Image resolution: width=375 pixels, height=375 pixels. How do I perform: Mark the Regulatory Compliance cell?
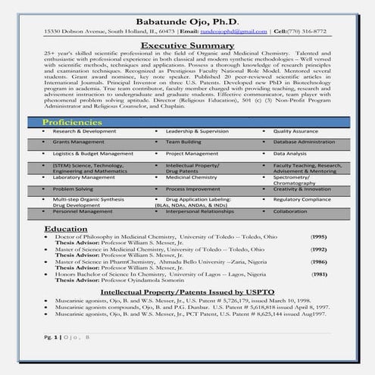coord(302,199)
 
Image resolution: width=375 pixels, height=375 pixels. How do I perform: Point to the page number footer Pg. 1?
coord(51,357)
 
